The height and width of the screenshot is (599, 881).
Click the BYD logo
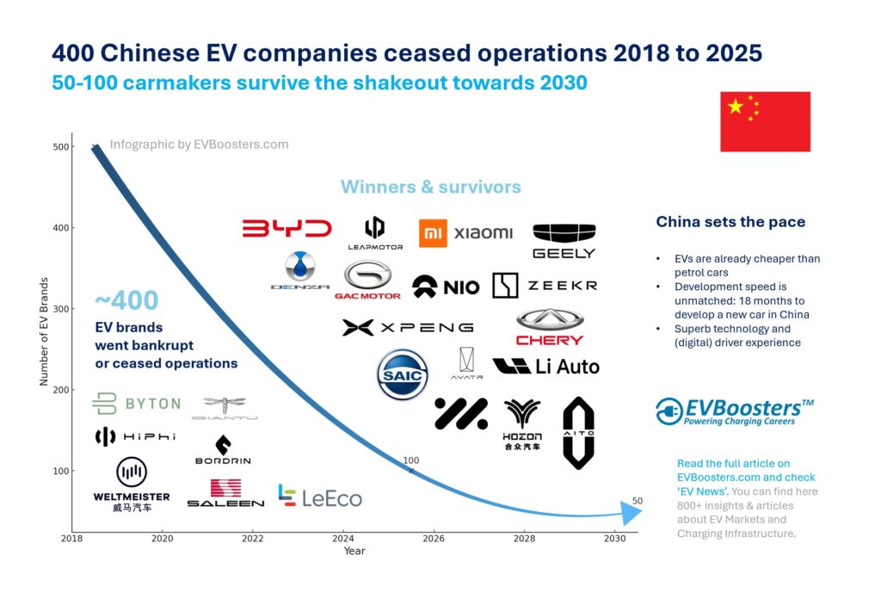(286, 229)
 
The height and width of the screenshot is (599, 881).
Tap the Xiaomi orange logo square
(433, 233)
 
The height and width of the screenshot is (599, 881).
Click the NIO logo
(445, 287)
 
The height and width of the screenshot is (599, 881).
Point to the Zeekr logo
(544, 286)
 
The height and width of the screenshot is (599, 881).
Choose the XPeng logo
(407, 327)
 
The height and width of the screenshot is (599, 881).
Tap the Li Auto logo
(545, 367)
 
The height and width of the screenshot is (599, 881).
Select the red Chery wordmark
(550, 340)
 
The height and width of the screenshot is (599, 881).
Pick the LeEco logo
(319, 497)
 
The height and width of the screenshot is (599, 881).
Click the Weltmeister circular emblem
(132, 472)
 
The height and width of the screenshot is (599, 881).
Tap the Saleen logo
(225, 493)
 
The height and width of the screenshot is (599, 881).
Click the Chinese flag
(765, 121)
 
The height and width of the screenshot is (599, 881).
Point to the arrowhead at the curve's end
(631, 514)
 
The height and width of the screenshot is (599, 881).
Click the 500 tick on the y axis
(60, 147)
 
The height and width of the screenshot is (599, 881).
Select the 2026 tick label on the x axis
(434, 539)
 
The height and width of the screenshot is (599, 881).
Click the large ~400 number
(126, 300)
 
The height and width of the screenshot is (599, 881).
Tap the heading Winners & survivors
(430, 187)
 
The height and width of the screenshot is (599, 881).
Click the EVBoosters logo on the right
(734, 411)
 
